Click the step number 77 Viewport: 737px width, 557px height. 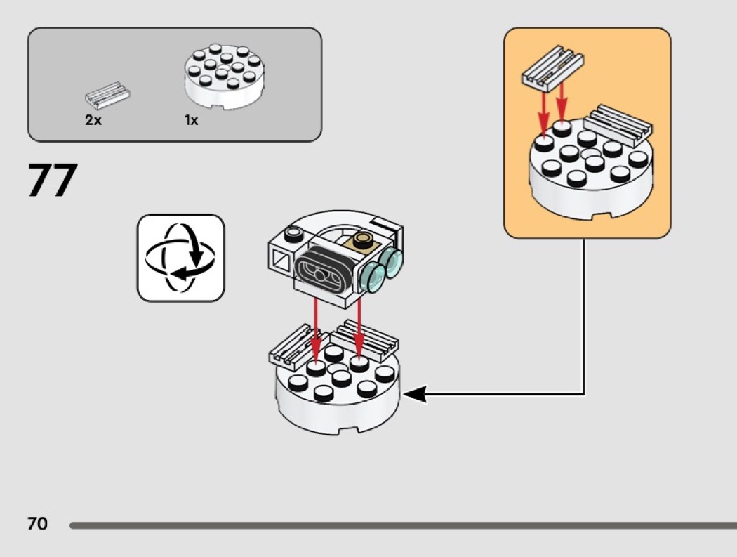52,180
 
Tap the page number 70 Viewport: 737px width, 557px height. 38,523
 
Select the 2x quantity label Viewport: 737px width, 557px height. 93,120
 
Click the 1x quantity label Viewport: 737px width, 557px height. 192,120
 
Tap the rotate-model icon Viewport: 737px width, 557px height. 180,258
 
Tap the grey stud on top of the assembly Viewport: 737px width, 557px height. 294,234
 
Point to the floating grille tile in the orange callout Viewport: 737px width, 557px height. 553,67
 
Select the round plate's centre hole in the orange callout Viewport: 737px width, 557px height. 588,154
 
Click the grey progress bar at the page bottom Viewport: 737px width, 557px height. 404,525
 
